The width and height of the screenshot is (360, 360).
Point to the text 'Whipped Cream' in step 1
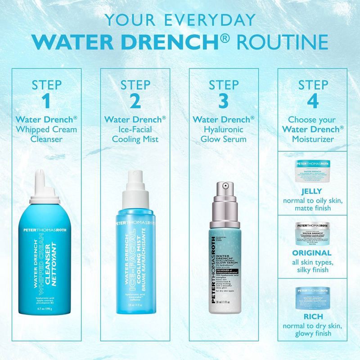click(46, 129)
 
